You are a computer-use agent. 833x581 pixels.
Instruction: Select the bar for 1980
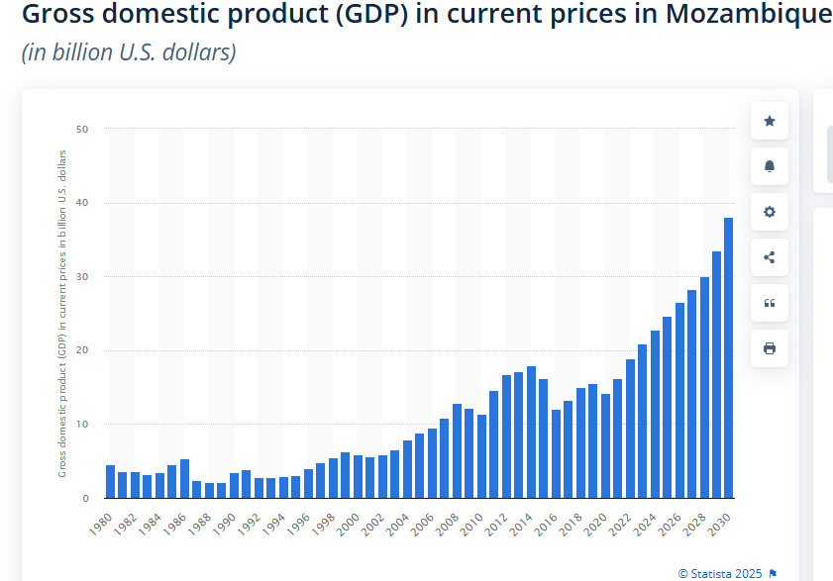(110, 481)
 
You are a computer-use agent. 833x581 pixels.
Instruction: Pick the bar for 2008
(457, 450)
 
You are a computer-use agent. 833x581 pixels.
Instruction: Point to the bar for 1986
(184, 478)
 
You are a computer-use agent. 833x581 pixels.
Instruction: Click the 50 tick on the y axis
(82, 129)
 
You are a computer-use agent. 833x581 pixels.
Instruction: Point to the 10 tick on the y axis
(82, 425)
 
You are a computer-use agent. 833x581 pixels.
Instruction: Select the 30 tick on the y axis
(82, 277)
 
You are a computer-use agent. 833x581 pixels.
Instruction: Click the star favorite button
(770, 121)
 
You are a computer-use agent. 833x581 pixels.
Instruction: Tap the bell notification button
(770, 166)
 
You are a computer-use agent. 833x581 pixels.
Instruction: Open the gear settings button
(770, 212)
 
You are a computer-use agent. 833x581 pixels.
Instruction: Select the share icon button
(770, 257)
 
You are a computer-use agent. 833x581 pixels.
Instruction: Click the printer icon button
(770, 348)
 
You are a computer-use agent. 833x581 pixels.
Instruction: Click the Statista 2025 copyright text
(721, 573)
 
